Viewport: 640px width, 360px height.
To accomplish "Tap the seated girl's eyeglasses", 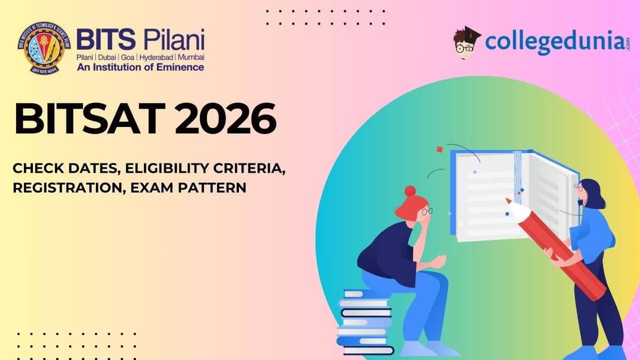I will click(427, 212).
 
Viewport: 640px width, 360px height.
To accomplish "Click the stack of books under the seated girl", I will click(365, 323).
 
